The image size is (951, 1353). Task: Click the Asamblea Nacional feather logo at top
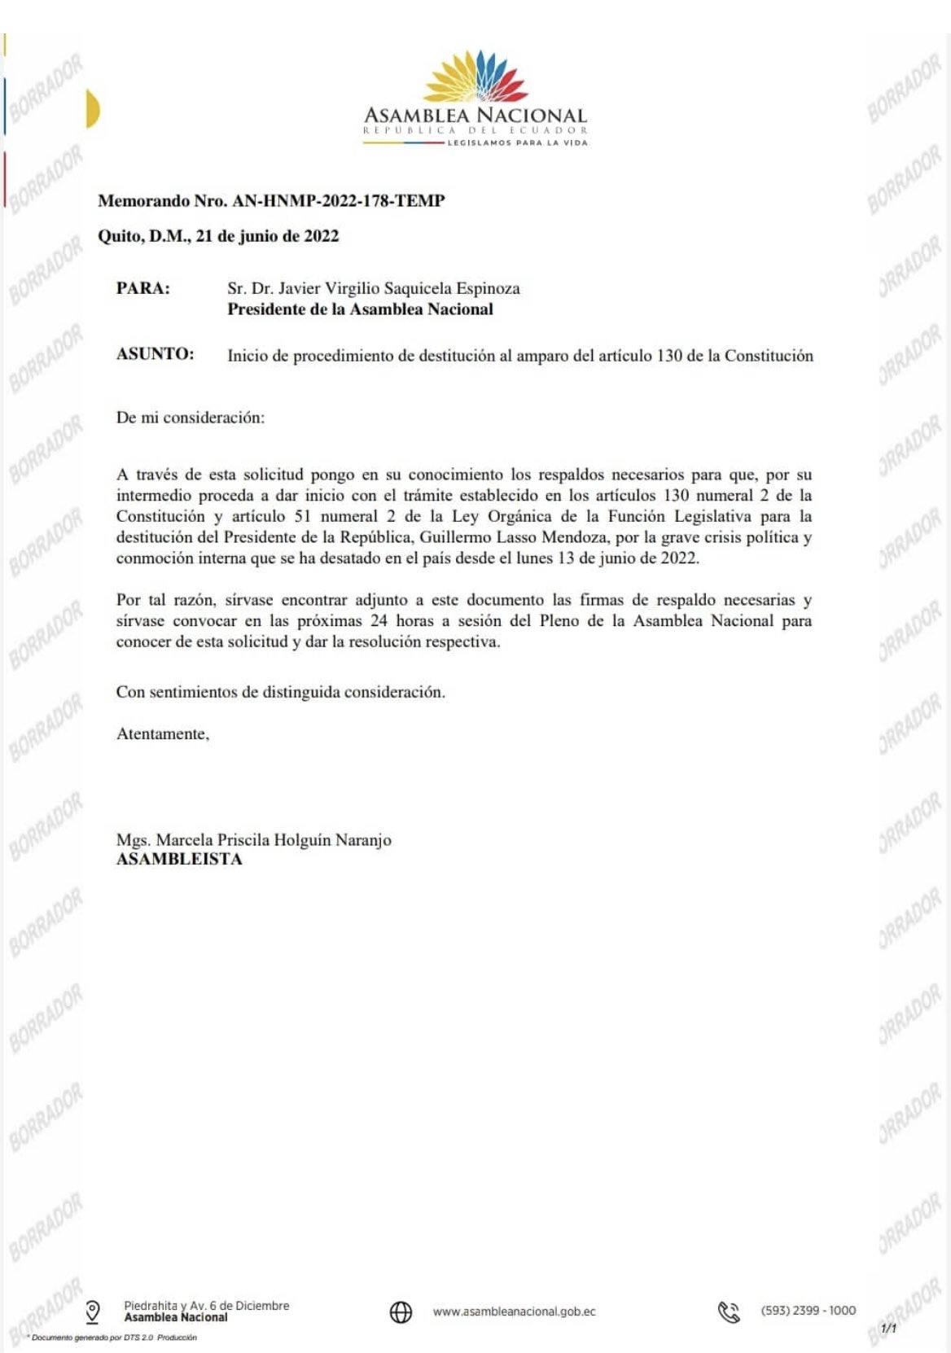[475, 78]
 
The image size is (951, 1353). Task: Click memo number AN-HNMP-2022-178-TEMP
[338, 200]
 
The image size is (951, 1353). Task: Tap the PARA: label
[143, 288]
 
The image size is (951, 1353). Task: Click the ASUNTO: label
[156, 354]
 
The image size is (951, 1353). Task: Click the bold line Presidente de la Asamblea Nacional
[360, 309]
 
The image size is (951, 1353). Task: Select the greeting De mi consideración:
[191, 418]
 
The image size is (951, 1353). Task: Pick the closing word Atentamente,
[163, 733]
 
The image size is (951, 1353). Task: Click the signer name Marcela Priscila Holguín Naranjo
[274, 839]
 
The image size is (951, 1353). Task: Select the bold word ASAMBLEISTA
[179, 860]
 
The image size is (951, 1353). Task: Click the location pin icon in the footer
[93, 1311]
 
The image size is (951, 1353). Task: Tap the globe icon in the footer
[401, 1311]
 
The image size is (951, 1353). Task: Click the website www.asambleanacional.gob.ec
[514, 1311]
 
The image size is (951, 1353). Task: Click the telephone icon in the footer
[728, 1311]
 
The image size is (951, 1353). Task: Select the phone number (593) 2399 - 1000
[808, 1311]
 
